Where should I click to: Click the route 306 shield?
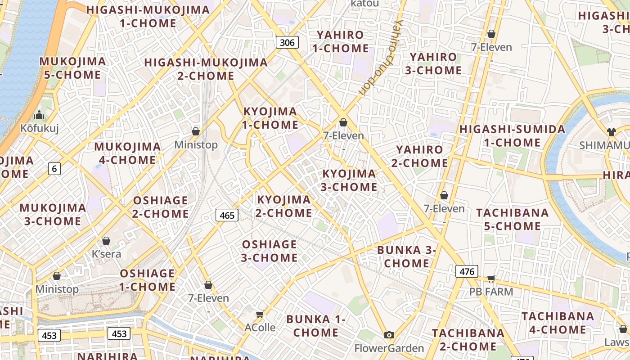[x=287, y=43]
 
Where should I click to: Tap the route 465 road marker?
[x=227, y=215]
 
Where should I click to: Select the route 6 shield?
[x=54, y=169]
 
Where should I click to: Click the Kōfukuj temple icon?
[x=39, y=115]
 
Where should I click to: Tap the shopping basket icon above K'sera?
[x=106, y=241]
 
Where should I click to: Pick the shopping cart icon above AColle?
[x=260, y=314]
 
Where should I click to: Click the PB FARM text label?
[x=491, y=292]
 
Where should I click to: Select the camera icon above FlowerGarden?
[x=389, y=335]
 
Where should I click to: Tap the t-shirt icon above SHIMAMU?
[x=611, y=132]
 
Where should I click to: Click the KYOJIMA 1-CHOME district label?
[x=270, y=118]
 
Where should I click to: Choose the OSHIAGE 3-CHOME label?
[x=270, y=251]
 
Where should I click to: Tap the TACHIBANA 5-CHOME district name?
[x=512, y=219]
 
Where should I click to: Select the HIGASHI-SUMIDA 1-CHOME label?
[x=512, y=136]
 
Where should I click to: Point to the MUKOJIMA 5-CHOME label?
[x=72, y=68]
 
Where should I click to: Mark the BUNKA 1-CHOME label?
[x=316, y=326]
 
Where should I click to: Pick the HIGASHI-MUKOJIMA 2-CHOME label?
[x=206, y=69]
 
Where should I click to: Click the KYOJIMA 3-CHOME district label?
[x=349, y=180]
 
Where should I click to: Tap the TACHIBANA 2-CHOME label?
[x=468, y=340]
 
